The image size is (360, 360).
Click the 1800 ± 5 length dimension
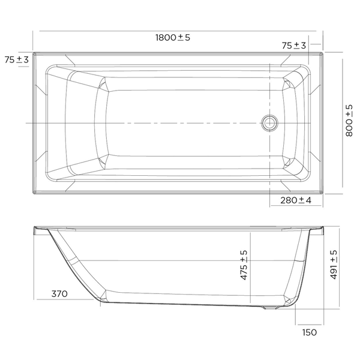173,37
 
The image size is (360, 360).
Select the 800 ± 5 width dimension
349,121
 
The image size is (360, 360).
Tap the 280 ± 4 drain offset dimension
296,200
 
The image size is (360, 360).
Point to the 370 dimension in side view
59,293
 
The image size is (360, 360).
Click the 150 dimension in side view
310,332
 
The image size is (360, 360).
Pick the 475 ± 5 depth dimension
244,265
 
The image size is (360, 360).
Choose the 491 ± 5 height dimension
334,265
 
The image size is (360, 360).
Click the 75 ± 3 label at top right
294,46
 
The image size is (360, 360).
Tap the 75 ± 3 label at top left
17,59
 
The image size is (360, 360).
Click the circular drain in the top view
270,123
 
